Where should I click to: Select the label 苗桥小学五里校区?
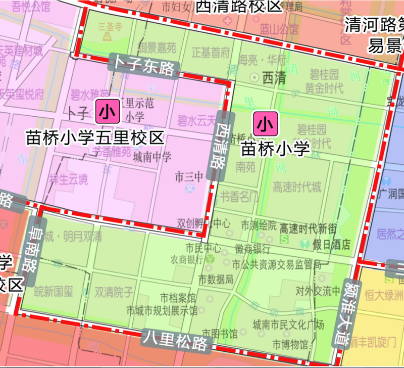click(95, 137)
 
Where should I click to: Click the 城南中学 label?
click(153, 157)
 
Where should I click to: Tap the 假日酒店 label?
click(332, 245)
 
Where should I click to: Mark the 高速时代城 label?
click(296, 187)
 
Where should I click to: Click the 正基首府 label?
click(211, 52)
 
